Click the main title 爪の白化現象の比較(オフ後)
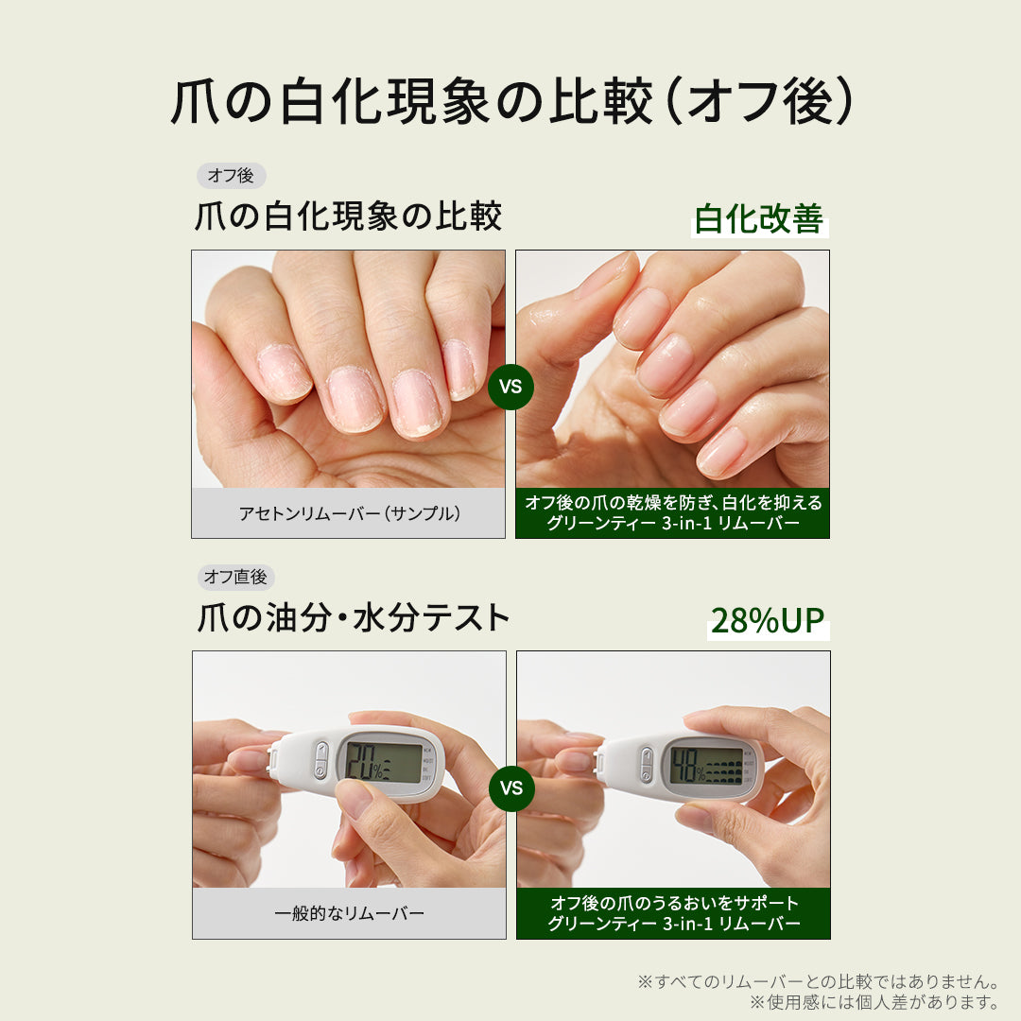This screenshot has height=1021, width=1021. (x=511, y=101)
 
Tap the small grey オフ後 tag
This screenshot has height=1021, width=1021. (x=232, y=175)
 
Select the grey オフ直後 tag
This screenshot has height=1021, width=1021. (x=235, y=577)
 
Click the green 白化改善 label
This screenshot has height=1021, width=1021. (x=759, y=218)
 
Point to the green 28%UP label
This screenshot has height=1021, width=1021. (x=768, y=620)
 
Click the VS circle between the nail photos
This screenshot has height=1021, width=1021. (x=510, y=387)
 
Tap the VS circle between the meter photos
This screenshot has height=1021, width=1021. (x=511, y=787)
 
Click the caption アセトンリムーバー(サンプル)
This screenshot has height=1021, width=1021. (x=350, y=513)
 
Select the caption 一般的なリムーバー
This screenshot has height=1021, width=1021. (x=350, y=913)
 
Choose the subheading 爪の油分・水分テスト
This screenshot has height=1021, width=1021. (x=353, y=618)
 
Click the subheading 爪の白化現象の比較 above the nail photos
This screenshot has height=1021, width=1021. (x=348, y=216)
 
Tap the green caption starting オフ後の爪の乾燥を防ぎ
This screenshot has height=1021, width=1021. (x=673, y=512)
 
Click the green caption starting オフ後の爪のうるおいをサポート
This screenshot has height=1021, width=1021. (x=674, y=913)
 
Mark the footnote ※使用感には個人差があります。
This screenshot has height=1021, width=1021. (x=874, y=1002)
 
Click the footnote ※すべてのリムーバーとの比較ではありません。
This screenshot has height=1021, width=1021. (x=819, y=981)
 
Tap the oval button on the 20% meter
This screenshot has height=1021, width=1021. (x=321, y=760)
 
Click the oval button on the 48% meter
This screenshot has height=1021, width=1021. (x=646, y=764)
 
